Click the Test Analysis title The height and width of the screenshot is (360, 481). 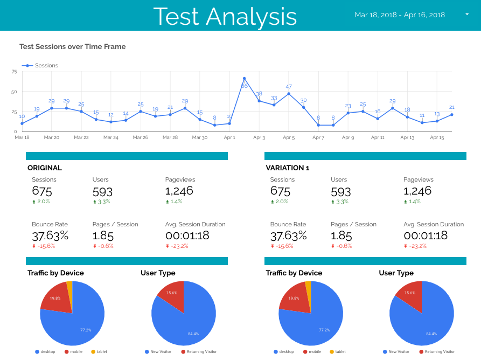pos(225,16)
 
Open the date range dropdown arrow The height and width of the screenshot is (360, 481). pos(467,15)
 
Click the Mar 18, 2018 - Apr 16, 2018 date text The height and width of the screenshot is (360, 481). pos(400,15)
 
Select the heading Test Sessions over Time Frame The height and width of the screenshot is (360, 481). pos(73,47)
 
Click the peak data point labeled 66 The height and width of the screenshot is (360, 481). pos(244,79)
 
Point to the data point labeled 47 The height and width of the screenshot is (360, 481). pos(289,93)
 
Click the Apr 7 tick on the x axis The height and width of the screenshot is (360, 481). pos(318,138)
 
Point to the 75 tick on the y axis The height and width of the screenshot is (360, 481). pos(15,72)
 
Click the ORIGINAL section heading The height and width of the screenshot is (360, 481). pos(45,168)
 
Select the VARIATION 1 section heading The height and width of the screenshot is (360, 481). pos(288,168)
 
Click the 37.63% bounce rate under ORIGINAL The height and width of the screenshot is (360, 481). pos(50,236)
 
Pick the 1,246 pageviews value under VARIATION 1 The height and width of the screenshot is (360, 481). pos(417,191)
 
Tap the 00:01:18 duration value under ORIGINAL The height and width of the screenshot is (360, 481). pos(187,236)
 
